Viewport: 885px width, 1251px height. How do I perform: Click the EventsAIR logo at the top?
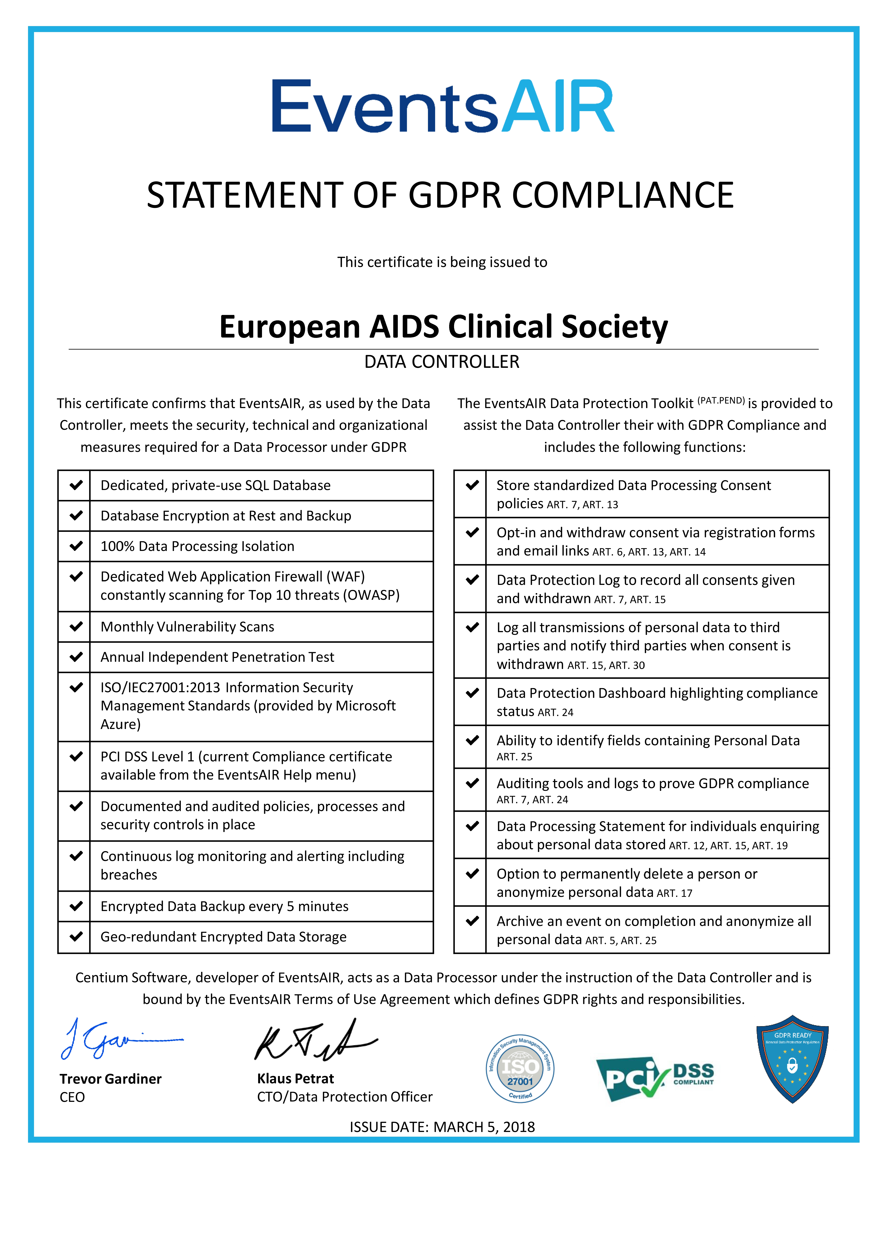click(443, 106)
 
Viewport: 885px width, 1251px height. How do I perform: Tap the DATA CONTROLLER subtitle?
click(442, 362)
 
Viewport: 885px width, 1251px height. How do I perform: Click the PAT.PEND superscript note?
click(721, 401)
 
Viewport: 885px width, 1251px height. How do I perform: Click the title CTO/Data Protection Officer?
click(345, 1097)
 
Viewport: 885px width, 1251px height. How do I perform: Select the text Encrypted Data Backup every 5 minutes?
click(224, 906)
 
